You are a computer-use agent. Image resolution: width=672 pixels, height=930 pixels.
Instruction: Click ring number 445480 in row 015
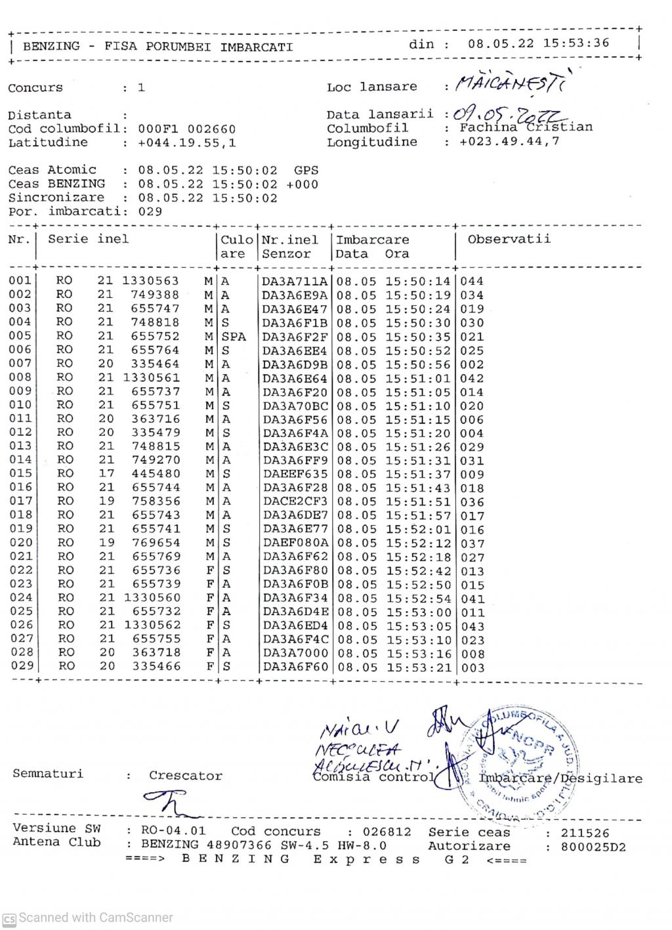tap(156, 474)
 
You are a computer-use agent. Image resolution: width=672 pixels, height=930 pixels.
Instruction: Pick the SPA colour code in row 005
tap(234, 337)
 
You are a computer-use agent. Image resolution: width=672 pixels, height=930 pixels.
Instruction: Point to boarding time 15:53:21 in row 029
tap(418, 667)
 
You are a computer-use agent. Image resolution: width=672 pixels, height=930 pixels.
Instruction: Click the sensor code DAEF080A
tap(295, 543)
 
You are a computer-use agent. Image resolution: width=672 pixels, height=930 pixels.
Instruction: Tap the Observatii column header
tap(509, 240)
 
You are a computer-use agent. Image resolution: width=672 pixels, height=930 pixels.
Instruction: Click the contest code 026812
tap(388, 832)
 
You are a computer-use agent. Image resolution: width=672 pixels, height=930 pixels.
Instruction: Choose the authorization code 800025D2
tap(593, 847)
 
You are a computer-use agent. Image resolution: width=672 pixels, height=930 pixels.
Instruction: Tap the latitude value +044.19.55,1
tap(187, 142)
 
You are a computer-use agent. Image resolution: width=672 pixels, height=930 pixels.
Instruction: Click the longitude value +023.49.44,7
tap(509, 142)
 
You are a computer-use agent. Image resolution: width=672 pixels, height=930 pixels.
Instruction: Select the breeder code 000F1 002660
tap(187, 129)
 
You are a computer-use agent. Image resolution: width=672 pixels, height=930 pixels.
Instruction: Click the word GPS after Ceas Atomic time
tap(306, 170)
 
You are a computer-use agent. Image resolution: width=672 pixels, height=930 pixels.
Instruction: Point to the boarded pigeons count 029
tap(150, 211)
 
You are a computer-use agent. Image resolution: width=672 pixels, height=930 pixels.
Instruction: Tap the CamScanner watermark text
tap(95, 918)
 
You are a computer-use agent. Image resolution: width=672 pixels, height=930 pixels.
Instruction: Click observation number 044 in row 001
tap(472, 282)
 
